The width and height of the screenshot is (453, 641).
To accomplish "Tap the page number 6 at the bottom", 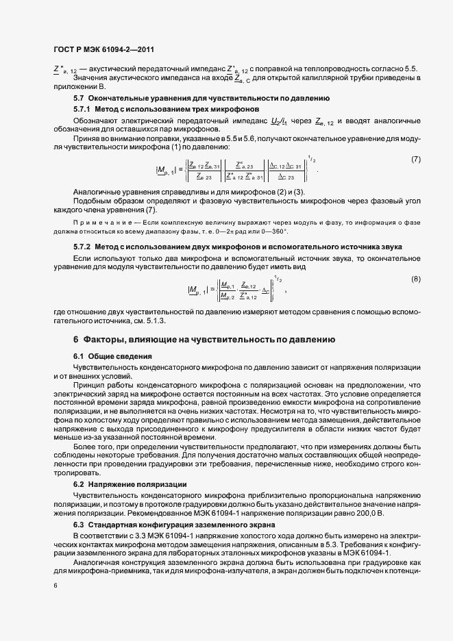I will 55,586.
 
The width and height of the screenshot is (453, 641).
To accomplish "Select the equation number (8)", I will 415,260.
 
